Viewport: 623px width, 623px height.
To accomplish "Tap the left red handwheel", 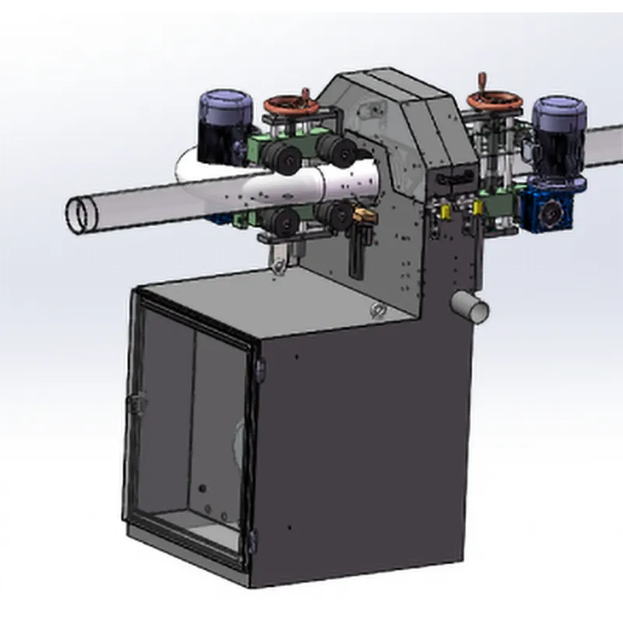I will tap(286, 105).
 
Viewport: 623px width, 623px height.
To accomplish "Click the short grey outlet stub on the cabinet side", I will tap(470, 308).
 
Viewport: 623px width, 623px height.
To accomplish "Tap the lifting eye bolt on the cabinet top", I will tap(378, 310).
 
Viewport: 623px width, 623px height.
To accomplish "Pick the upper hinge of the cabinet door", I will tap(259, 366).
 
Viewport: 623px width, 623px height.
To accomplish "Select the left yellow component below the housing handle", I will tap(445, 211).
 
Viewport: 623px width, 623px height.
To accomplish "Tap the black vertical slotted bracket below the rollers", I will tap(357, 251).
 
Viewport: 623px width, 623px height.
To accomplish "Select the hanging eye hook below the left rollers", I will tap(276, 264).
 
